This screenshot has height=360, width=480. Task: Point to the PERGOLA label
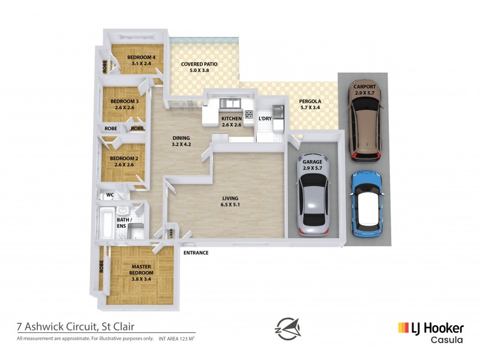point(310,101)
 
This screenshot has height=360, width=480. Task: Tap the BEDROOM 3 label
point(124,101)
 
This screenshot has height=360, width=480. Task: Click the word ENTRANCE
point(196,253)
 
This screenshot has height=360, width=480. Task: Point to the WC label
point(110,195)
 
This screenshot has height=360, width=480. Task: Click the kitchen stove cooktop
point(248,114)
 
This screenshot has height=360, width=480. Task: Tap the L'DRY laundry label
point(265,119)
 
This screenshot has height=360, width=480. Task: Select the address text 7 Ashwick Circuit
point(76,327)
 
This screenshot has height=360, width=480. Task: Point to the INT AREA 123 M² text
point(176,339)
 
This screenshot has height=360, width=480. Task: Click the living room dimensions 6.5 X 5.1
point(230,205)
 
